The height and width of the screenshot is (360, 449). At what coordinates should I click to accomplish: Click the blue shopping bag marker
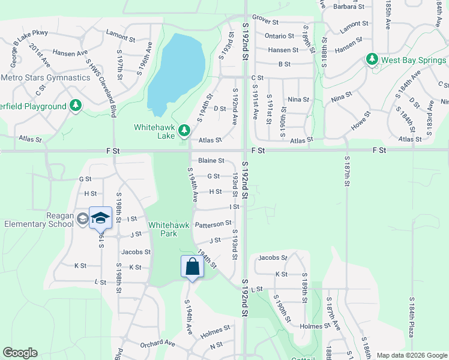click(x=192, y=266)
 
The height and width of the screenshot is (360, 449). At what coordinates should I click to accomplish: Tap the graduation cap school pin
click(x=101, y=218)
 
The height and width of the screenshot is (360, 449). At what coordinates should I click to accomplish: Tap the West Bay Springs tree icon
click(x=372, y=60)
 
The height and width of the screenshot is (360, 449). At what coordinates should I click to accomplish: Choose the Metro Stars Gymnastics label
click(x=46, y=77)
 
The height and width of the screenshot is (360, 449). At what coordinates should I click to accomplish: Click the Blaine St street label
click(x=211, y=161)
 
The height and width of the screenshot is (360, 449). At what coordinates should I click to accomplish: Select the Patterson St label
click(x=213, y=224)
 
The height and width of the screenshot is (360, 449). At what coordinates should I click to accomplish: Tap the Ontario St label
click(x=279, y=36)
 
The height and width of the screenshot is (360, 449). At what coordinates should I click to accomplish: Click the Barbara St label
click(x=349, y=7)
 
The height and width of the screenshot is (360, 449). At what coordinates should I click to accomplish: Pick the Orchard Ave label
click(x=157, y=344)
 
